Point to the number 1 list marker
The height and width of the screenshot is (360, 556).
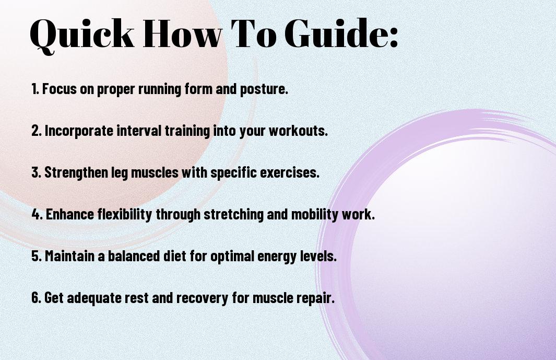click(35, 89)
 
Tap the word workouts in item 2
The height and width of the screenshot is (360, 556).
click(298, 131)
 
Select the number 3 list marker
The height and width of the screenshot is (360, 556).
click(36, 172)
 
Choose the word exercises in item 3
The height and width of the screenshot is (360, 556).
click(290, 172)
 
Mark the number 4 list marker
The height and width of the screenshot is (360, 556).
click(37, 214)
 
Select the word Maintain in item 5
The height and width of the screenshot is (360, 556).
click(69, 256)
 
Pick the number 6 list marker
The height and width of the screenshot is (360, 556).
click(36, 298)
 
